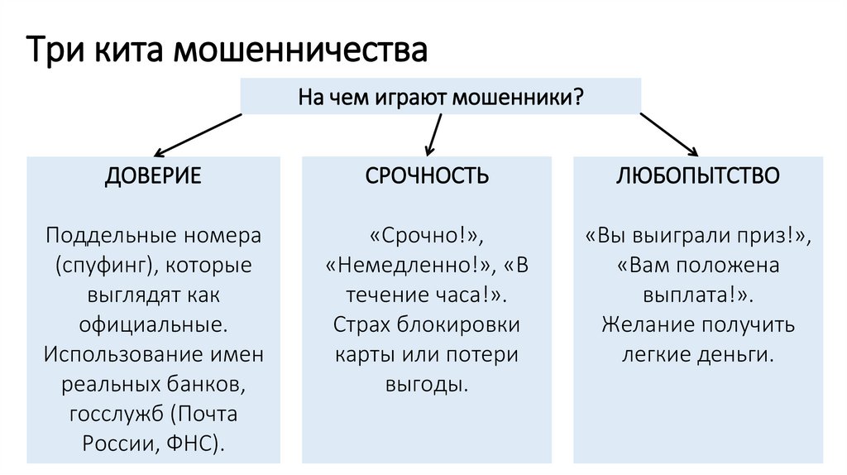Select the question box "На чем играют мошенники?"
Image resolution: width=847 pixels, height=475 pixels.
click(x=441, y=98)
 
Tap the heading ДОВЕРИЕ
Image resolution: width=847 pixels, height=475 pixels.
click(x=153, y=176)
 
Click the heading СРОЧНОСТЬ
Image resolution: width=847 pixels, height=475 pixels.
click(x=427, y=176)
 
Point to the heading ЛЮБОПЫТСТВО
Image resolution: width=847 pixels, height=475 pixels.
click(x=697, y=176)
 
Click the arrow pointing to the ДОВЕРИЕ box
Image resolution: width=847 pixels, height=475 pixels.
click(x=199, y=134)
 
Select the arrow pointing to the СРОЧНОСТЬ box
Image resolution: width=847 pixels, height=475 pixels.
click(x=434, y=134)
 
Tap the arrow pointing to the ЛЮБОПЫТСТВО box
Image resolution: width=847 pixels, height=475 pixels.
click(x=669, y=134)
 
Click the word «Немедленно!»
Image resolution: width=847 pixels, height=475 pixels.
click(x=404, y=266)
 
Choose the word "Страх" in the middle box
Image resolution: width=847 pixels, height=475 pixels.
click(x=362, y=324)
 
